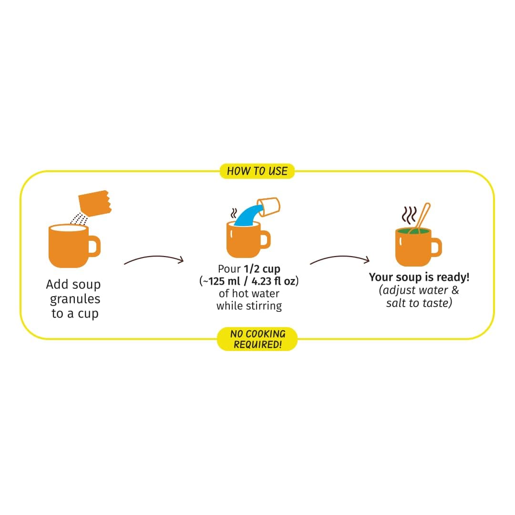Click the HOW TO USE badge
tap(257, 171)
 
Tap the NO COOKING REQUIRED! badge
tap(257, 339)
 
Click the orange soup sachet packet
tap(94, 203)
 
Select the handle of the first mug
tap(94, 247)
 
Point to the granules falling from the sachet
tap(79, 219)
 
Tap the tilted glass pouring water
tap(268, 206)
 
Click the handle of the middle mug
tap(266, 239)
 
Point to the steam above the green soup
tap(409, 215)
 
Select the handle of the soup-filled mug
tap(436, 247)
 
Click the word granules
tap(75, 299)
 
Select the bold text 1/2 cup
tap(262, 269)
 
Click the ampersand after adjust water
tap(455, 290)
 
